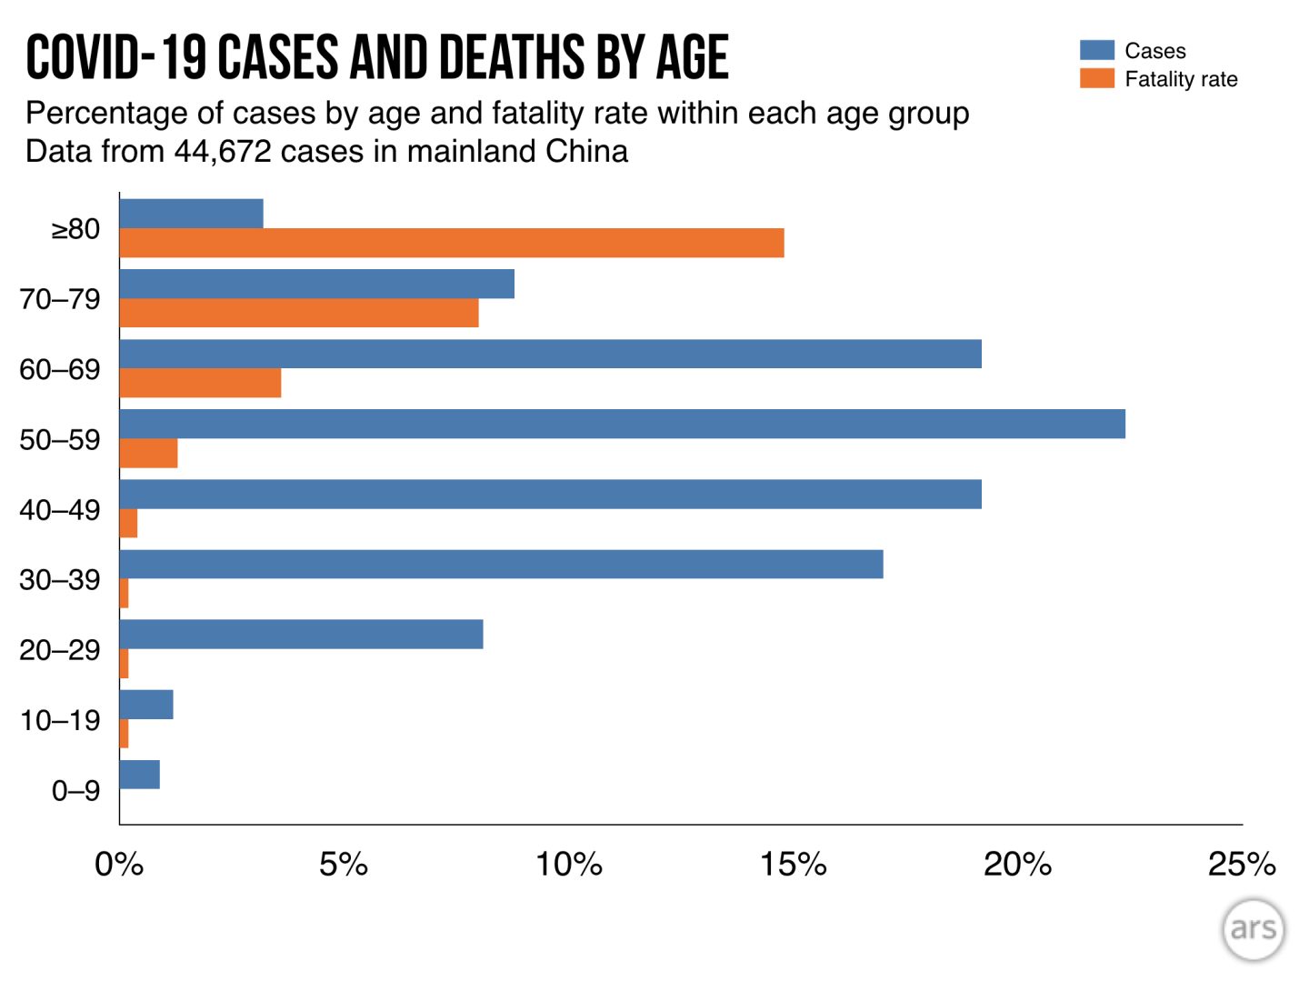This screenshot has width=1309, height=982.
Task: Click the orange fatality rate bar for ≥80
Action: point(451,243)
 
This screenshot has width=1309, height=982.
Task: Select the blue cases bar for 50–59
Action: point(622,424)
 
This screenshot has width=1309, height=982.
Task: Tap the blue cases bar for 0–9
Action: point(139,775)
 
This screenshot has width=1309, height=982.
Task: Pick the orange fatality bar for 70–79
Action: point(298,313)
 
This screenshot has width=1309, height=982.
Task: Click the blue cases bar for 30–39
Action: point(501,564)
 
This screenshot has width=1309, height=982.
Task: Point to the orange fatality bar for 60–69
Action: point(200,383)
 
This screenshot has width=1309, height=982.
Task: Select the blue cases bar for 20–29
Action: point(301,634)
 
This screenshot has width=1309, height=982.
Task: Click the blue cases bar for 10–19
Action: point(145,705)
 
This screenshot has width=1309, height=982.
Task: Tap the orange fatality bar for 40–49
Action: point(128,523)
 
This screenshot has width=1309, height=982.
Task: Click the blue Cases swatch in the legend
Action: point(1096,50)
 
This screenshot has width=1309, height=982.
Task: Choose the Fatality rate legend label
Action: point(1181,79)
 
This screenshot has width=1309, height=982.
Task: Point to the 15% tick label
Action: point(793,864)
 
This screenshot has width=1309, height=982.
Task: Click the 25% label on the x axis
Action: point(1241,864)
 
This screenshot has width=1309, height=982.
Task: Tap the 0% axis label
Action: point(119,864)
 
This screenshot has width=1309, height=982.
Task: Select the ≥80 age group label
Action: point(75,229)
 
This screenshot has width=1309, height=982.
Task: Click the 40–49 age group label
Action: point(60,510)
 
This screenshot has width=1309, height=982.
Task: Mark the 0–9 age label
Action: point(75,791)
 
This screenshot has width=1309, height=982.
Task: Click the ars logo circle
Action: point(1253,929)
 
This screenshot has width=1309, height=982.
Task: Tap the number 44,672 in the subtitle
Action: point(223,151)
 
